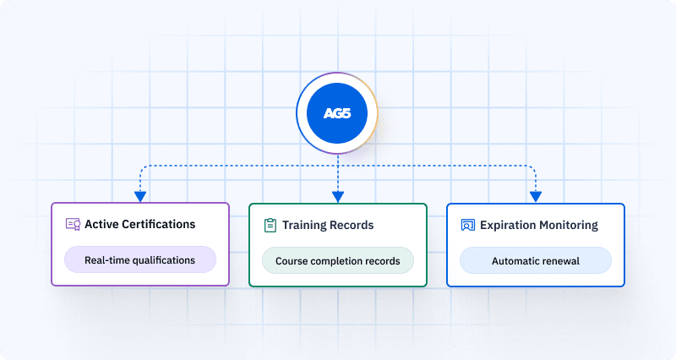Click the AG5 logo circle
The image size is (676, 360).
coord(337,113)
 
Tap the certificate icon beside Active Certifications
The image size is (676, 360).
coord(74,225)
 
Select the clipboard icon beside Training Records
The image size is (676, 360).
coord(270,226)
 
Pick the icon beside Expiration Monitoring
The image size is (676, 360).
coord(468,226)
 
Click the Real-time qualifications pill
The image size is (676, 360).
coord(139,260)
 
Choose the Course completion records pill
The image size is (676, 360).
coord(337,260)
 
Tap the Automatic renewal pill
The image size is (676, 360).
coord(535,260)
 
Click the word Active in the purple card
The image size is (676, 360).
coord(101,225)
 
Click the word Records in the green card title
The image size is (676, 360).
coord(354,226)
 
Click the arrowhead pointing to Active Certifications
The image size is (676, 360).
coord(139,197)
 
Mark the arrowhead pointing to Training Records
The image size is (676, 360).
coord(337,197)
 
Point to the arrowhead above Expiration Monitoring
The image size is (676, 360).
coord(535,197)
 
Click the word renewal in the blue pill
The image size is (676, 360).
coord(560,260)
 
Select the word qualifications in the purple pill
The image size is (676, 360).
coord(161,260)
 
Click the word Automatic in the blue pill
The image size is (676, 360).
coord(516,260)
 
